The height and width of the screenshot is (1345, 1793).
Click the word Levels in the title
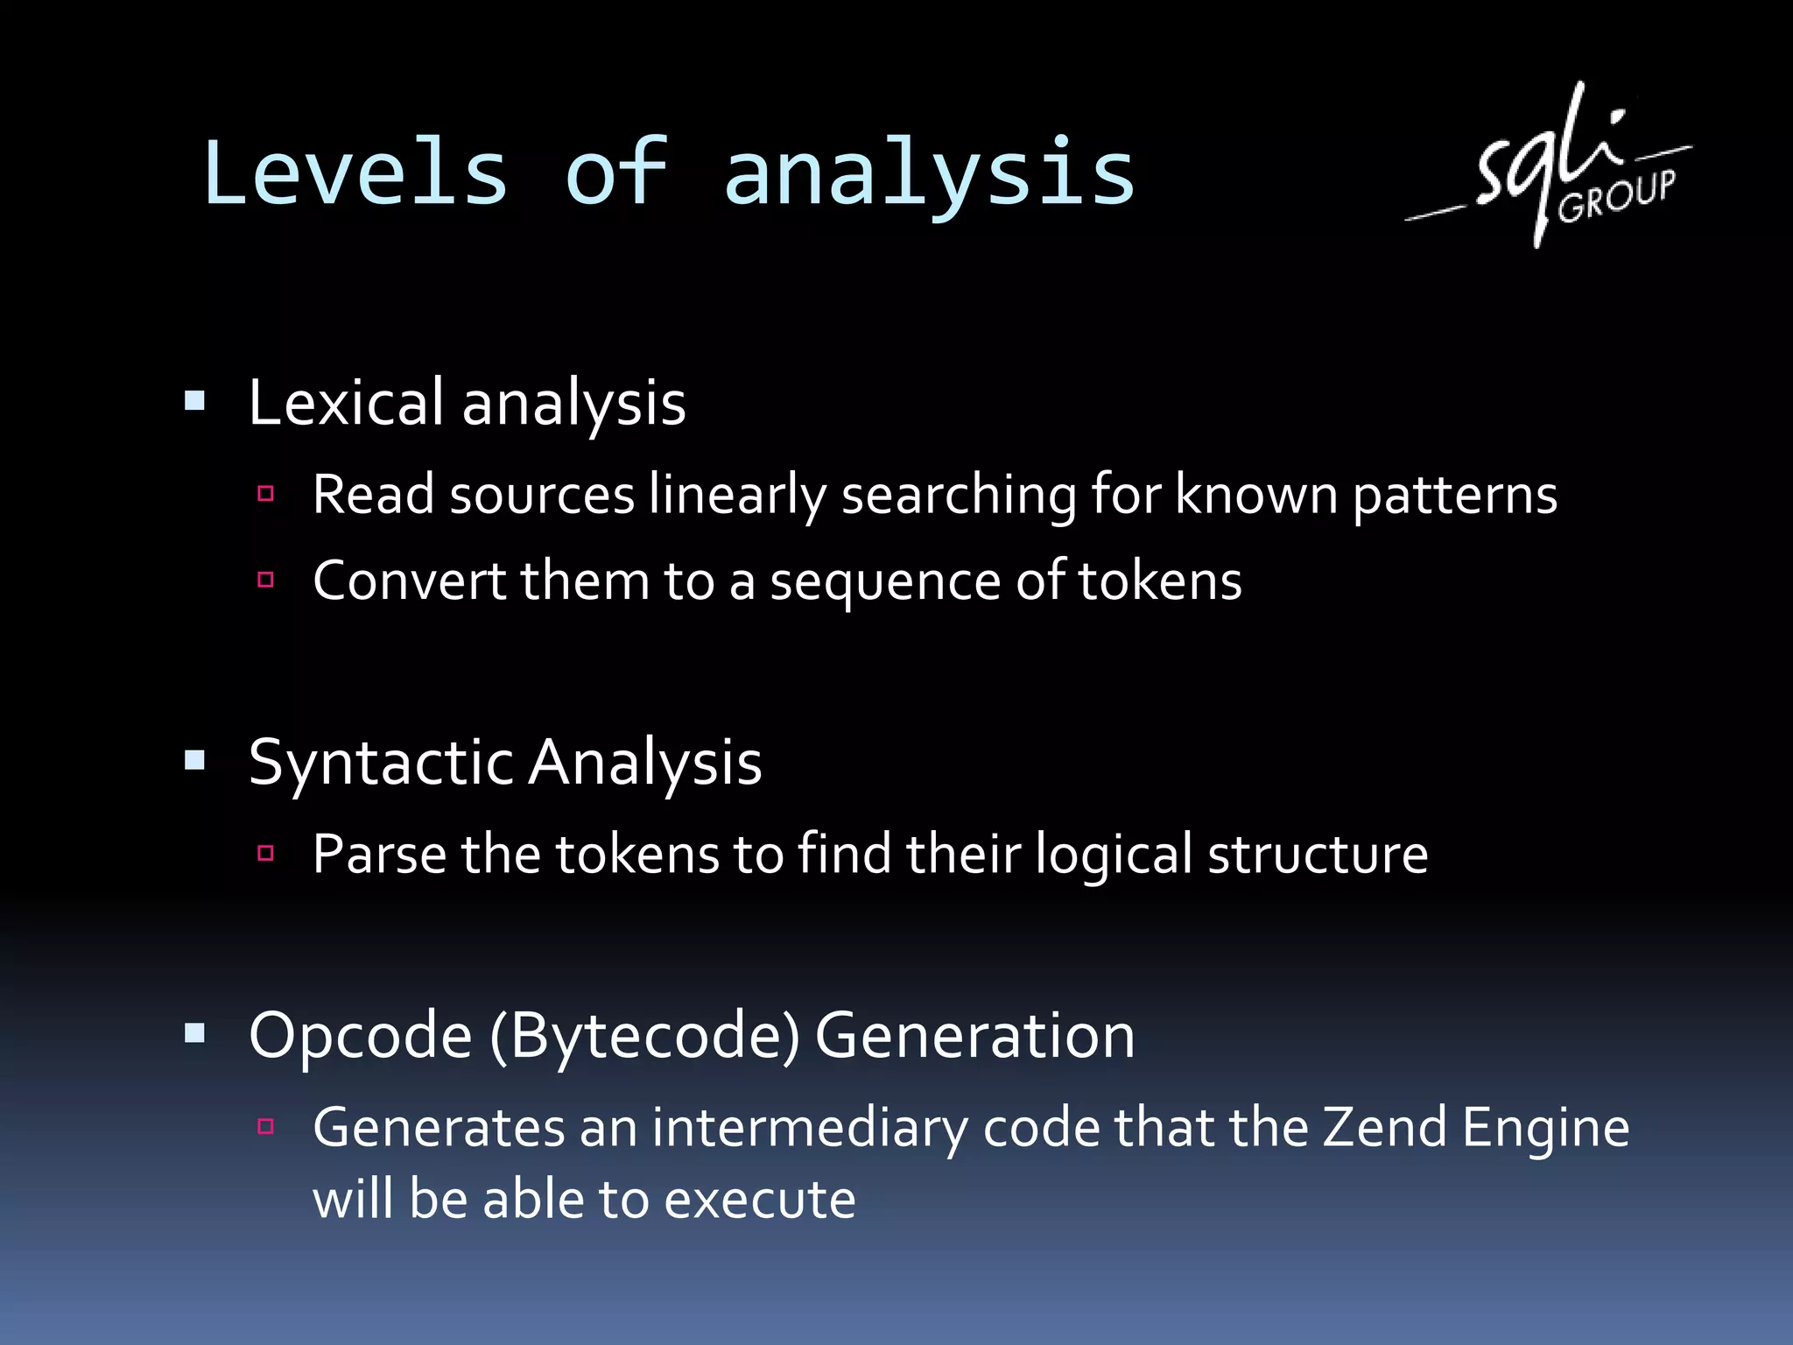click(355, 173)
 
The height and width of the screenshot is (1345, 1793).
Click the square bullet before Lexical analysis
click(194, 402)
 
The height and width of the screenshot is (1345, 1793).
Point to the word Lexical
click(347, 403)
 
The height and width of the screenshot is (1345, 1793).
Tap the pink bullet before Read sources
click(266, 494)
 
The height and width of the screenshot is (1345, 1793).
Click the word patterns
click(1454, 496)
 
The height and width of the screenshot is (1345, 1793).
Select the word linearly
click(737, 496)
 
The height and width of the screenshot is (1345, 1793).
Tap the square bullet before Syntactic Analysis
click(194, 760)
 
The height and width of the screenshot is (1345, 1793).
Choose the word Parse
click(379, 855)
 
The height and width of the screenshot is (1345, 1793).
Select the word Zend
click(1383, 1127)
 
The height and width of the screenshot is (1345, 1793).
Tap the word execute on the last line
click(759, 1200)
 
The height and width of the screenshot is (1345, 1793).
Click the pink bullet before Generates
click(266, 1126)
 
